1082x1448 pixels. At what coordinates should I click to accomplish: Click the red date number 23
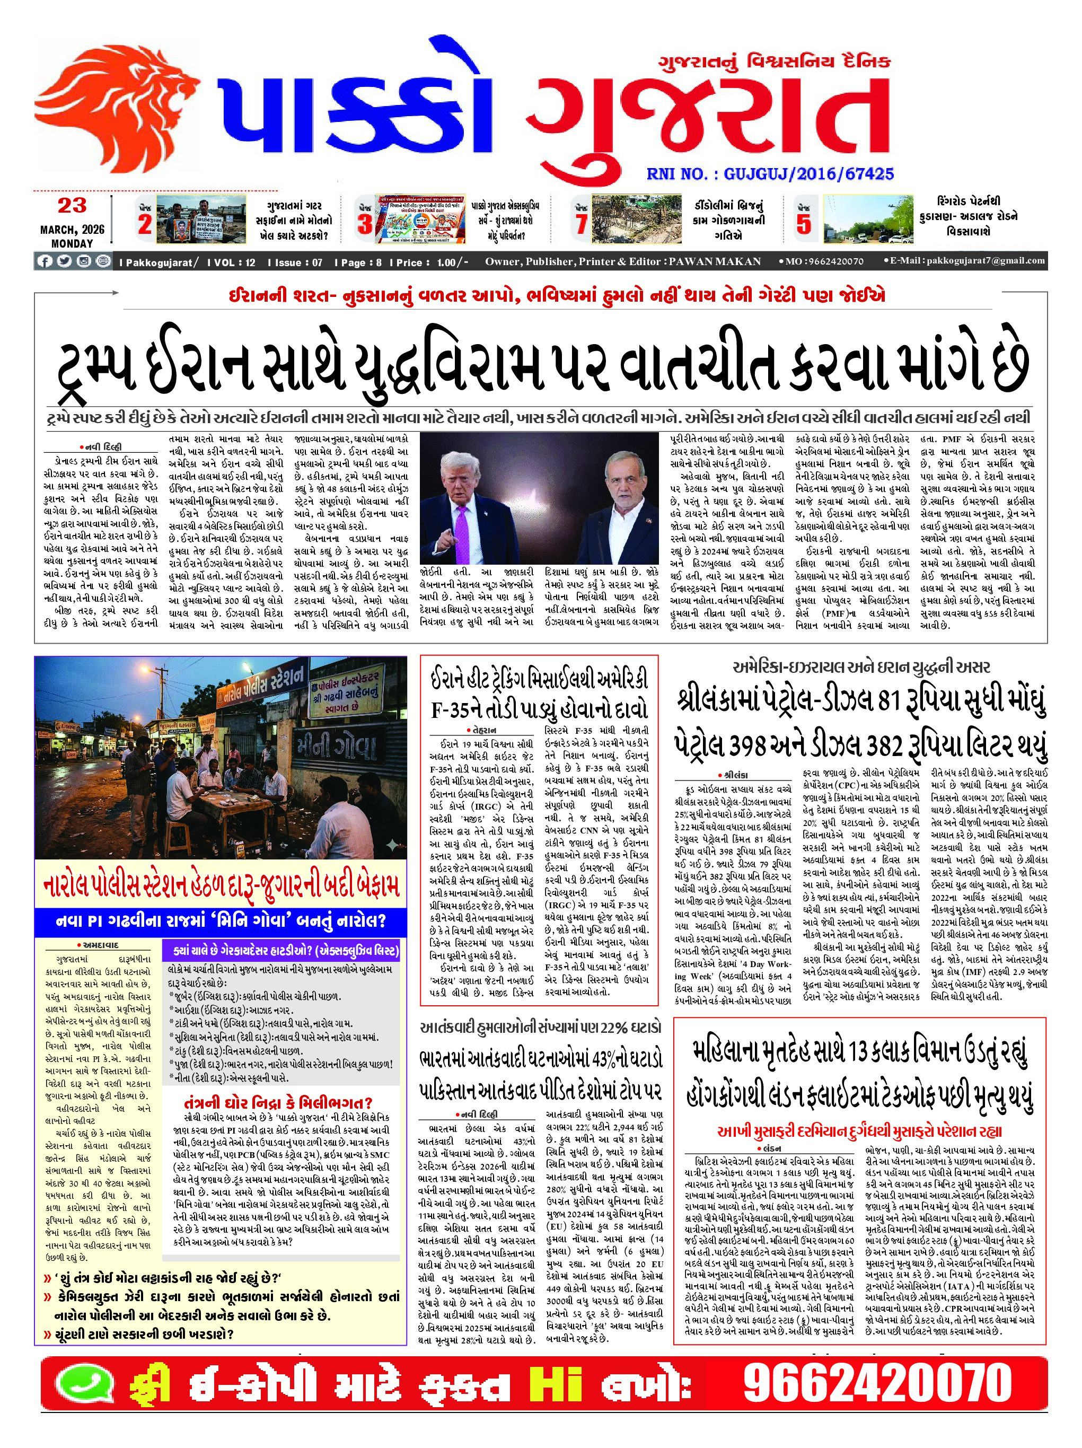pyautogui.click(x=72, y=206)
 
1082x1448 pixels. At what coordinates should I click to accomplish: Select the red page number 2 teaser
pyautogui.click(x=145, y=224)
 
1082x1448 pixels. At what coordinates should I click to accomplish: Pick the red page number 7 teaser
pyautogui.click(x=580, y=224)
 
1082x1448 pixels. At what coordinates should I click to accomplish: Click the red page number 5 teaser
pyautogui.click(x=803, y=224)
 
